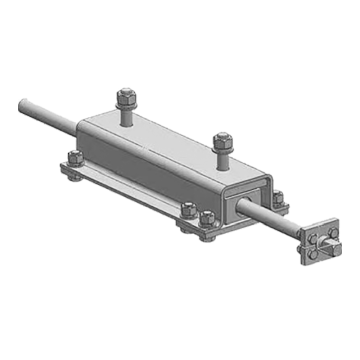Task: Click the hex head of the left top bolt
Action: [x=126, y=97]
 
